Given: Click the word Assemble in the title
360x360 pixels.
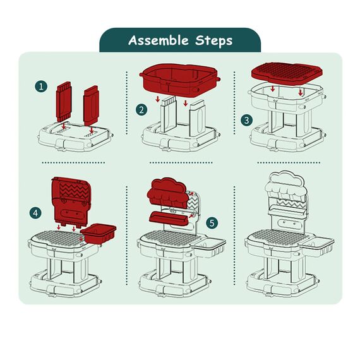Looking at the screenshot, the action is coord(159,40).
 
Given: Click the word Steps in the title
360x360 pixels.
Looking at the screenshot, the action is coord(214,40).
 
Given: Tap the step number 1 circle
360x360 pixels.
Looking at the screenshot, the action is coord(41,87).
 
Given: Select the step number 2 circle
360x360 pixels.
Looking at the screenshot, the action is coord(141,110).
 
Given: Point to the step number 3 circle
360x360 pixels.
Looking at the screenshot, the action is coord(247,120).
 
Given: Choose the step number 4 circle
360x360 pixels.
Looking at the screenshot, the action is coord(35,213).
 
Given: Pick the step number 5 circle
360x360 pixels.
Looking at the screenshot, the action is coord(212,223).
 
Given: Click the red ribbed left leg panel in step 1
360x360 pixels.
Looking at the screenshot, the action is coord(64,101).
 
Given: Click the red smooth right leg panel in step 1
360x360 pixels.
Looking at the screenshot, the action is coord(91,106).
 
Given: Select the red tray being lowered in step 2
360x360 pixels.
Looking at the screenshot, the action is coord(180,80).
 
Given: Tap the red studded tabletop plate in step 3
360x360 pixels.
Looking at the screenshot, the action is coord(287,71).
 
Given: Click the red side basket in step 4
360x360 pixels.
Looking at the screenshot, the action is coord(99,234).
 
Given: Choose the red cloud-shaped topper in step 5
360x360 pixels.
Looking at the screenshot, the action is coord(167,193).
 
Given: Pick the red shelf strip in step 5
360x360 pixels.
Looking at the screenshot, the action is coord(169,217).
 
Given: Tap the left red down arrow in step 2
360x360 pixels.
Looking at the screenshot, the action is coord(157,99).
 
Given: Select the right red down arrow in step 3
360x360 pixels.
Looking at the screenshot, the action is coord(300,92).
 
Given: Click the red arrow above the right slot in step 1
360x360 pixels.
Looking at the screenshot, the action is coord(92,130).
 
